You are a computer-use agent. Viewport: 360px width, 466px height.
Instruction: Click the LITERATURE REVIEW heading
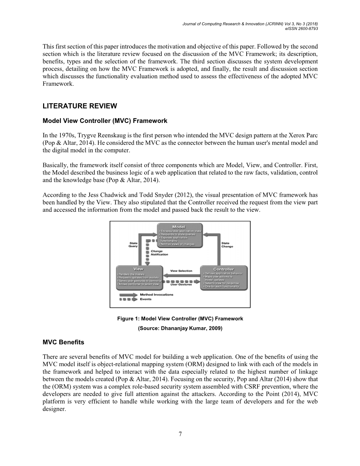(80, 106)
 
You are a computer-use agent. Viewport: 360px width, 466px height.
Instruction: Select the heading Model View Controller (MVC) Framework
(105, 121)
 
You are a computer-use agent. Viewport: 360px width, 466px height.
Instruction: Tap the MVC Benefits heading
(64, 342)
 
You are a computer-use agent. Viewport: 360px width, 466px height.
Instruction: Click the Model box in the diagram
(180, 235)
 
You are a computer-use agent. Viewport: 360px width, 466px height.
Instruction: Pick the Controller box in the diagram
(224, 278)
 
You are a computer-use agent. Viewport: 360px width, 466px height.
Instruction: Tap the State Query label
(133, 245)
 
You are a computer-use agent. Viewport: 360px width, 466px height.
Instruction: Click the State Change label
(227, 245)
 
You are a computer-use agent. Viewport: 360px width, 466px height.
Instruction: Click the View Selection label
(181, 271)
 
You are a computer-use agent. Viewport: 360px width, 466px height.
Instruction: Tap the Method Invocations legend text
(157, 294)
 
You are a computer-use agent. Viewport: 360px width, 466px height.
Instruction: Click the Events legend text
(146, 299)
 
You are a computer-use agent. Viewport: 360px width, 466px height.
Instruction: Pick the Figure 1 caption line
(180, 319)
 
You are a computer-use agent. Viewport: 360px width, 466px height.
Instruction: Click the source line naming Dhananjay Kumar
(180, 328)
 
